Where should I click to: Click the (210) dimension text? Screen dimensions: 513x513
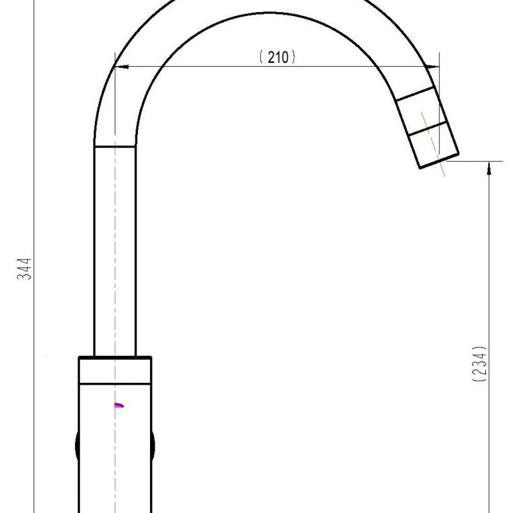tap(277, 57)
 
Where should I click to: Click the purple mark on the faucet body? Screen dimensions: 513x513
tap(119, 405)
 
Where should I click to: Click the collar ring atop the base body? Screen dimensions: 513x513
tap(115, 371)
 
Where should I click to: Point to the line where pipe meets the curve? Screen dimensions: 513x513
tap(115, 146)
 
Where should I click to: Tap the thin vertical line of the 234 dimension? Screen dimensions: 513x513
tap(490, 289)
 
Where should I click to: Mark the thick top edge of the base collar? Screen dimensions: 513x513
tap(115, 357)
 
